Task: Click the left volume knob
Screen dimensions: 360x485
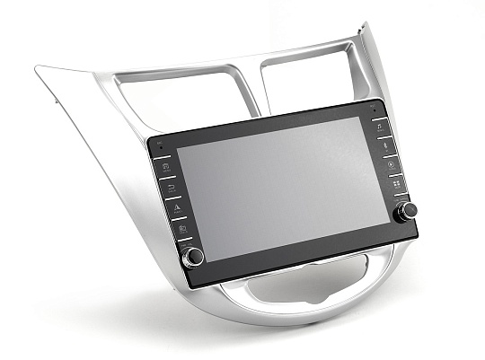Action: (192, 257)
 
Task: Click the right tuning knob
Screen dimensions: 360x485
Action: (409, 210)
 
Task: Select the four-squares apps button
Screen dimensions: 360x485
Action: (395, 184)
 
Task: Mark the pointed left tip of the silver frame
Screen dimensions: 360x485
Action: (38, 68)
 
